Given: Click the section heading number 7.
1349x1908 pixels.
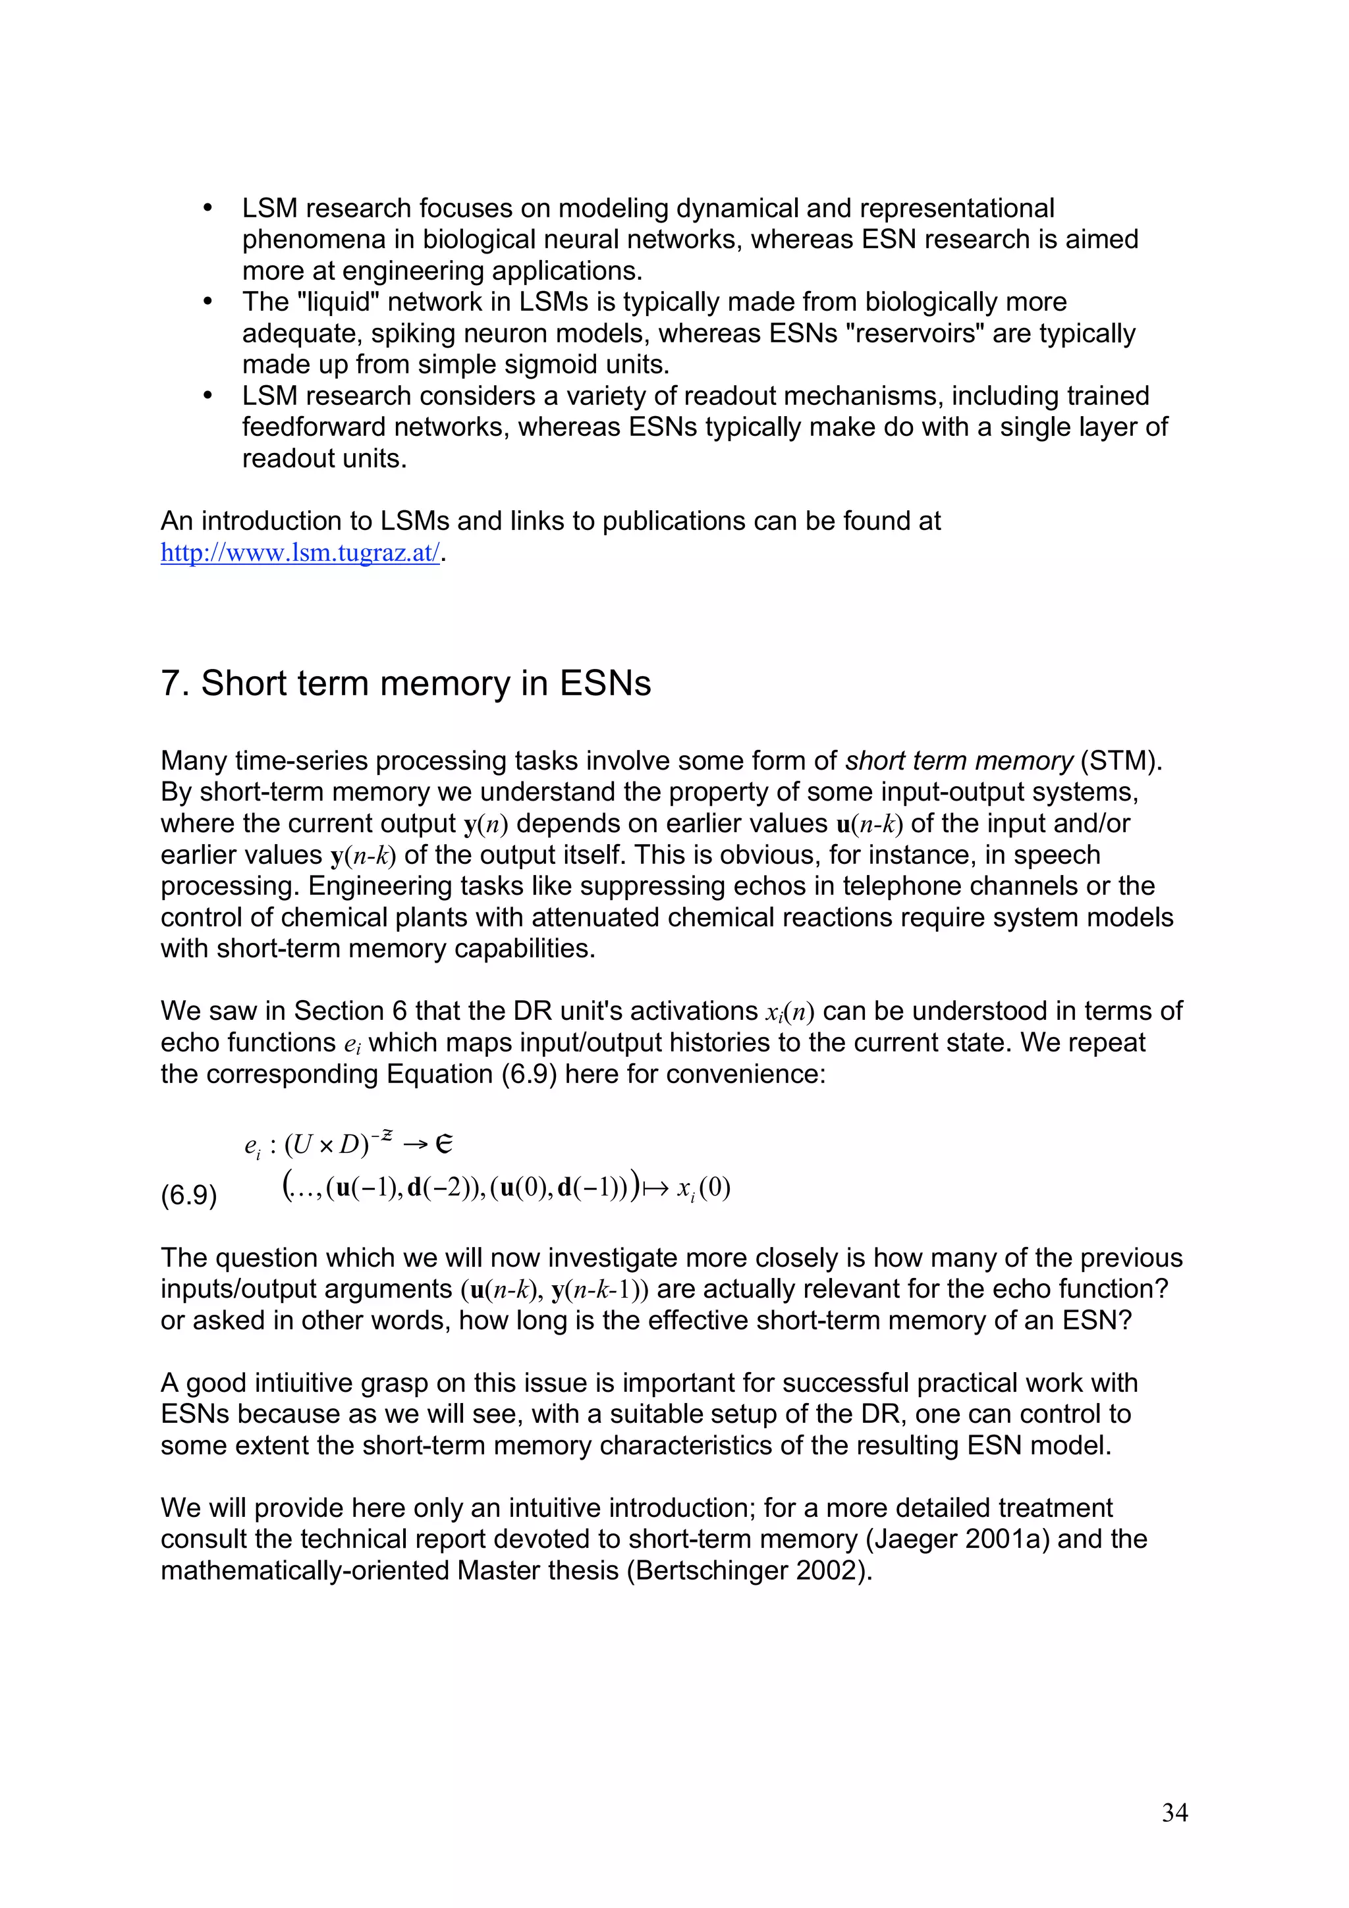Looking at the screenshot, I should click(x=171, y=683).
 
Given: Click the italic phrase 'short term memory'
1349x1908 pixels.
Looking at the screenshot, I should click(x=958, y=760).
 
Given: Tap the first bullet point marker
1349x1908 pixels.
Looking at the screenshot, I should click(x=209, y=208).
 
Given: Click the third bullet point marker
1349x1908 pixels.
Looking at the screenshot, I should click(x=209, y=396).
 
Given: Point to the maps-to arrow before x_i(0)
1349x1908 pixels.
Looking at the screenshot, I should click(x=655, y=1188).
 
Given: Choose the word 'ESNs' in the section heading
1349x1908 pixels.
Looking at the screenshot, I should click(x=604, y=683).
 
